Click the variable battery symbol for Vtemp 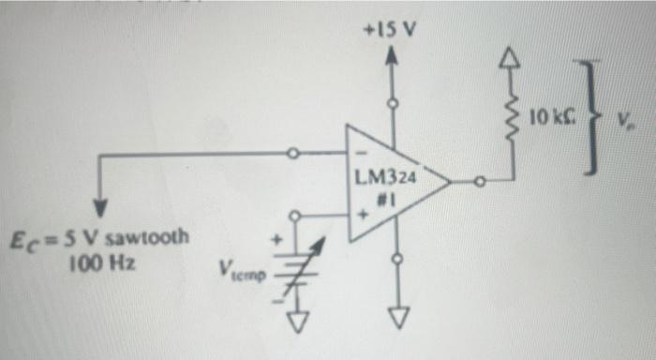click(302, 267)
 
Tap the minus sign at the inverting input click(359, 154)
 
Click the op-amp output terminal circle click(480, 184)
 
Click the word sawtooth click(151, 237)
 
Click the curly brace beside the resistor click(589, 114)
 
